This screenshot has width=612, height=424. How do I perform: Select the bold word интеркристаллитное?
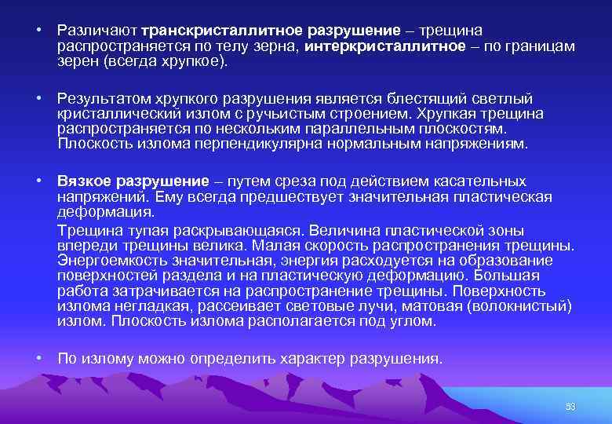click(377, 46)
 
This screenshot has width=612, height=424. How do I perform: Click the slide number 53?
click(570, 406)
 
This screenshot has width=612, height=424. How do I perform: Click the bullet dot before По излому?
click(38, 359)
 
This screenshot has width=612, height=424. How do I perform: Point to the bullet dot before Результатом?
click(38, 99)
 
